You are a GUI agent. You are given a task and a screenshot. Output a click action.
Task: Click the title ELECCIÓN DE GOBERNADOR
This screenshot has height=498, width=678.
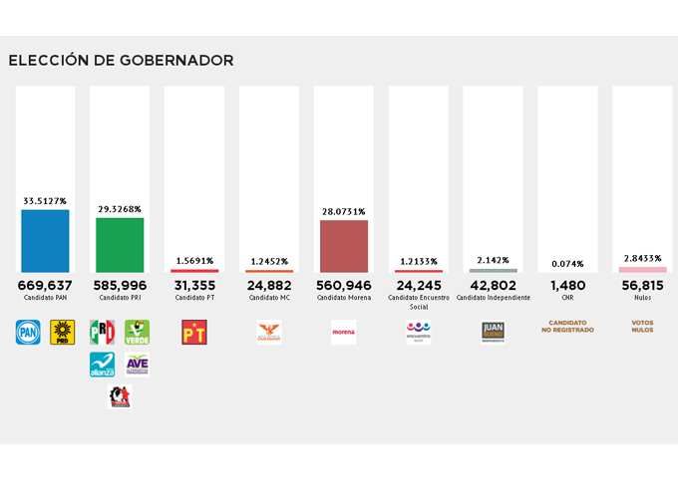point(121,61)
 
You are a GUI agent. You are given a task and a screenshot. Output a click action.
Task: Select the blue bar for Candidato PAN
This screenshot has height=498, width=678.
point(45,240)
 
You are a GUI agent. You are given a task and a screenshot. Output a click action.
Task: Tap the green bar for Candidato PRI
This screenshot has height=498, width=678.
point(120,244)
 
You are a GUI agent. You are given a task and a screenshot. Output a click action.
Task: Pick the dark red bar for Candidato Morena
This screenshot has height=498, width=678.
point(343,246)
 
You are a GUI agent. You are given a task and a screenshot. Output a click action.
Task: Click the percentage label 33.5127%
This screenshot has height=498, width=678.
point(45,201)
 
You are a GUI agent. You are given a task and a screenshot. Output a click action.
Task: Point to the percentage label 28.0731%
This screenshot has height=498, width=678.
point(343,212)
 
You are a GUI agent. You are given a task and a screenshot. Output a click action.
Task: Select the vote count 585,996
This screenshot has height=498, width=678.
point(120,285)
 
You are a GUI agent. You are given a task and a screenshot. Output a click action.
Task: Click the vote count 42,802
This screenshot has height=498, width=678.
point(493,285)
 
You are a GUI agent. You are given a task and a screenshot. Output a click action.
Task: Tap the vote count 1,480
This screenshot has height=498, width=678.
point(566,285)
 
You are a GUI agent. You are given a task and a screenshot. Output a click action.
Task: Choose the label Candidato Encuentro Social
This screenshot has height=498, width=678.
point(418,302)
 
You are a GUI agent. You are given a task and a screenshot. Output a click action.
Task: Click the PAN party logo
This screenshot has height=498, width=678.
point(27,332)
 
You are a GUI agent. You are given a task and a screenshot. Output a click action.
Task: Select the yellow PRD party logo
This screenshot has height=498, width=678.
point(63,332)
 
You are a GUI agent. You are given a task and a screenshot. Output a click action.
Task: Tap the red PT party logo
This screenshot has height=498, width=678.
point(194,332)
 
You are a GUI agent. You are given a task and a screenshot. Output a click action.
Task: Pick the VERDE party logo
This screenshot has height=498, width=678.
point(137,332)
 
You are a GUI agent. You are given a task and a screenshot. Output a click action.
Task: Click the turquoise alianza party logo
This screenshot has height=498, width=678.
point(102,365)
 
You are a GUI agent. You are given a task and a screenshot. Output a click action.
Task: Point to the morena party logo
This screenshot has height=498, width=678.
point(343,332)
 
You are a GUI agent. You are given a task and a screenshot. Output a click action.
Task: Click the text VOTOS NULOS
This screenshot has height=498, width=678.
point(642,326)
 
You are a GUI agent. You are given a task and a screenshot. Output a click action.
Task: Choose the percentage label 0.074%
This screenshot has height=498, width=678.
point(566,264)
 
